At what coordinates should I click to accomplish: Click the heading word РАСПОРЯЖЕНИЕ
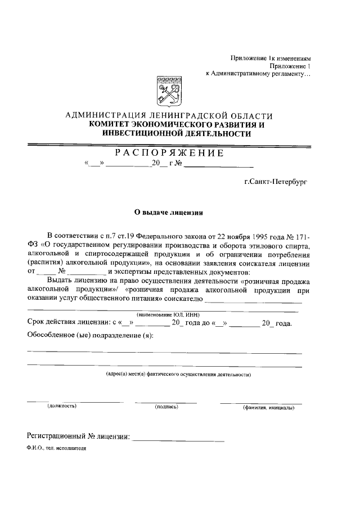(169, 154)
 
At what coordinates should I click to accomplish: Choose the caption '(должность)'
(62, 406)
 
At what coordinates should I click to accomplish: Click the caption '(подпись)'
(166, 406)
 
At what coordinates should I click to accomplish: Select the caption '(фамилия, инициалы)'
(268, 406)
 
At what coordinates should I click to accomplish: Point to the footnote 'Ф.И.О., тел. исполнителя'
(56, 450)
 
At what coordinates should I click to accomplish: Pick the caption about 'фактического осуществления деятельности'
(179, 374)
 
